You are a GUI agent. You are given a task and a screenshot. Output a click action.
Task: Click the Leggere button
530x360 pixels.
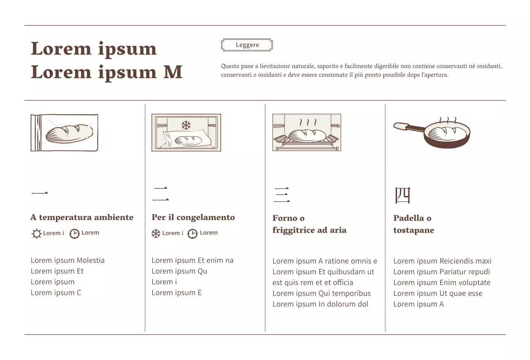[247, 45]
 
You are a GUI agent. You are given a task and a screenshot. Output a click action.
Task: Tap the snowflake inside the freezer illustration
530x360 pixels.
[186, 125]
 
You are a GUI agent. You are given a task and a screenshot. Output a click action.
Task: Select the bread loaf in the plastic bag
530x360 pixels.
[69, 133]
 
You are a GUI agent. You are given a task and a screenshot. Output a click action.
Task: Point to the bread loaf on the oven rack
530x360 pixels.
[308, 135]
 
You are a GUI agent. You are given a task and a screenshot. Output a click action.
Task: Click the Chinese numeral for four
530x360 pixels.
[402, 195]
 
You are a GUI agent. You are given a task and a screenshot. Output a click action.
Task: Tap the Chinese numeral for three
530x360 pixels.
[282, 195]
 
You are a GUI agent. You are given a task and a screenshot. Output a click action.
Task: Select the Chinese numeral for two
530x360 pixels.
[161, 194]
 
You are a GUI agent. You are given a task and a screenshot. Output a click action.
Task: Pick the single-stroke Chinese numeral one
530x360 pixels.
[39, 193]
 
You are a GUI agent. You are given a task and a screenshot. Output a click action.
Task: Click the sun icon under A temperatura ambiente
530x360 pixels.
[36, 234]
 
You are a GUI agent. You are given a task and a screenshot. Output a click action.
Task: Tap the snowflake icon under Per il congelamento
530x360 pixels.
[156, 234]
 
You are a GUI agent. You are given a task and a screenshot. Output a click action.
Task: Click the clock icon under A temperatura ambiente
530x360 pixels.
[74, 234]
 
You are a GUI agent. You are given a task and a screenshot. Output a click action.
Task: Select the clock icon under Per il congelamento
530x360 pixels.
[193, 234]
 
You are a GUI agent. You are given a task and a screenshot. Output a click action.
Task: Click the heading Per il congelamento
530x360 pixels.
[193, 217]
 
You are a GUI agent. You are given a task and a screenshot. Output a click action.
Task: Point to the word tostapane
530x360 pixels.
[414, 230]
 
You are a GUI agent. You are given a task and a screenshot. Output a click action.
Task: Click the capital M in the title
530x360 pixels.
[173, 72]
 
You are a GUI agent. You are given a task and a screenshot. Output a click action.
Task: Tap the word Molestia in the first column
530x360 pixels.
[91, 260]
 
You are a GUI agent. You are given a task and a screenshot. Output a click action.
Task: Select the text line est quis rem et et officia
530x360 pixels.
[313, 283]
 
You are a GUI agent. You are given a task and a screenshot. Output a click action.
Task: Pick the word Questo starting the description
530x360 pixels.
[230, 66]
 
